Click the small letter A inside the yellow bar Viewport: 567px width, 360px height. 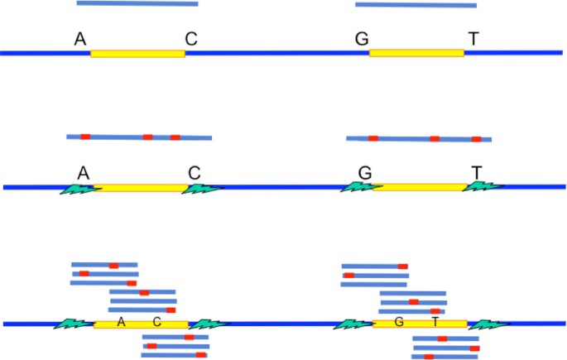[122, 322]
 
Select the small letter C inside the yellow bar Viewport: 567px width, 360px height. [156, 322]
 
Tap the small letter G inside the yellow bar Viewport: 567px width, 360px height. [399, 322]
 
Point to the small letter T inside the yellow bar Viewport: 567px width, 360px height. [435, 322]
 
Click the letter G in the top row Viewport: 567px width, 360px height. [361, 39]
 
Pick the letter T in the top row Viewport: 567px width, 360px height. [473, 39]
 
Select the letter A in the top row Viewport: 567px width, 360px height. [81, 39]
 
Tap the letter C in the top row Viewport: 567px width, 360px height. [191, 39]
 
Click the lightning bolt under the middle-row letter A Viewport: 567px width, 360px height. [79, 190]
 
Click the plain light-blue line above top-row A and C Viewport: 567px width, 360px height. [137, 3]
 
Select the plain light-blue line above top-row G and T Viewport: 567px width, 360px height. [416, 4]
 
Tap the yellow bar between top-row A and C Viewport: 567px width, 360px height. [137, 53]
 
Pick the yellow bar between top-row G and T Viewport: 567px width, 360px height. [416, 53]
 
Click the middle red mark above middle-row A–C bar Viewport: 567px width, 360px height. [147, 137]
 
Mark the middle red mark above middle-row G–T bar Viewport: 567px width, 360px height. [435, 138]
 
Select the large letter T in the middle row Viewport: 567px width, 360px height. [477, 172]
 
